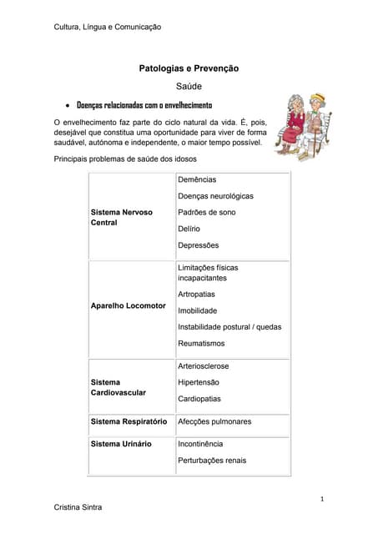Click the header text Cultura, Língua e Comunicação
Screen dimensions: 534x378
(107, 28)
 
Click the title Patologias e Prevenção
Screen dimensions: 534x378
(189, 68)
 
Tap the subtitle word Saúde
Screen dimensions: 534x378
(189, 86)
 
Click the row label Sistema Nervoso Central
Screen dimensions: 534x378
(121, 218)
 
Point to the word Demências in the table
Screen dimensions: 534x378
(197, 179)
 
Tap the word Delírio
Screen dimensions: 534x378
(189, 229)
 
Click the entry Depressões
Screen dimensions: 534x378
(199, 245)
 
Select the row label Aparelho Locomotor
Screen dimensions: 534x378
(128, 306)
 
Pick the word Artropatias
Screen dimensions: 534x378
(196, 295)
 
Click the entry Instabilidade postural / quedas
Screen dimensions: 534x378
(229, 327)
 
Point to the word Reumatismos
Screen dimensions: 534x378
(201, 344)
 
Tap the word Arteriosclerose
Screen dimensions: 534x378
(204, 366)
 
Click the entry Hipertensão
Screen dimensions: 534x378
(199, 382)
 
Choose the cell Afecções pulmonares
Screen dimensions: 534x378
(214, 421)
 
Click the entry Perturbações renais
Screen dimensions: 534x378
(212, 460)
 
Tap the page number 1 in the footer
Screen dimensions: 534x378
(321, 498)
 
